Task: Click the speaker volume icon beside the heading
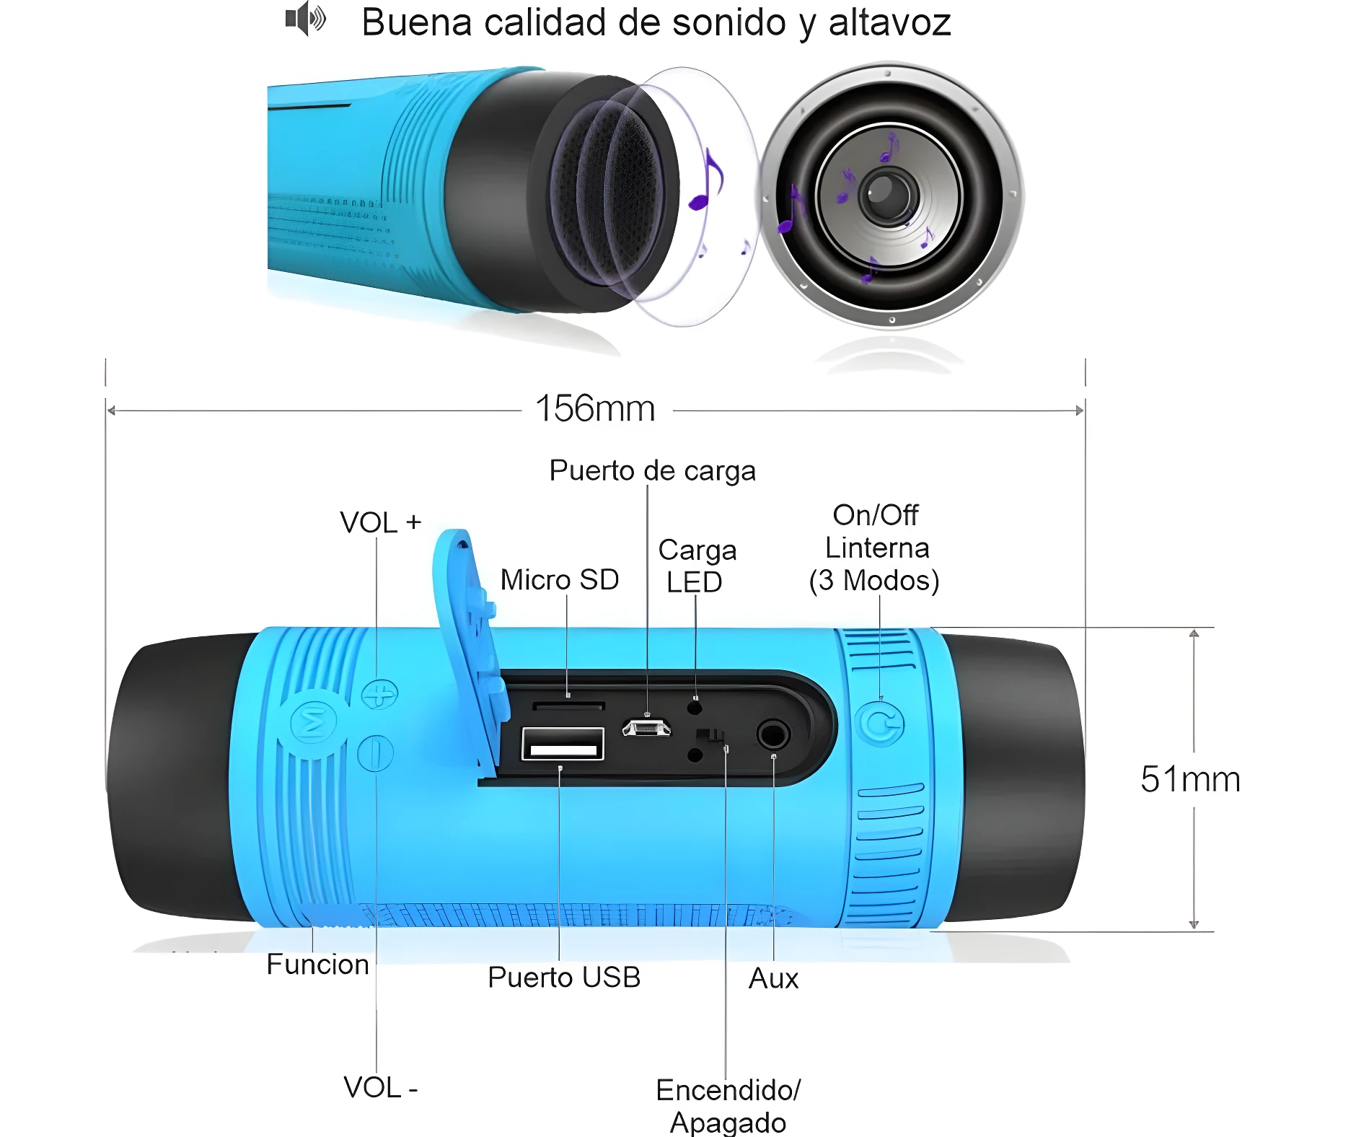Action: pyautogui.click(x=305, y=19)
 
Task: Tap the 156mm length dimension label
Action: pyautogui.click(x=595, y=409)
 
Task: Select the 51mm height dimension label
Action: pyautogui.click(x=1190, y=780)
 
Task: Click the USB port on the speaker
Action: pyautogui.click(x=563, y=745)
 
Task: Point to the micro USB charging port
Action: pyautogui.click(x=646, y=727)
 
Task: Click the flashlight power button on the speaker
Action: pyautogui.click(x=881, y=724)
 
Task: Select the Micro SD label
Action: pyautogui.click(x=560, y=580)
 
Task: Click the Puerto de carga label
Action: pyautogui.click(x=652, y=470)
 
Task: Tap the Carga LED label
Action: pyautogui.click(x=696, y=566)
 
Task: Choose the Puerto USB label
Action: pyautogui.click(x=564, y=978)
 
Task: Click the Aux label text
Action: pyautogui.click(x=773, y=979)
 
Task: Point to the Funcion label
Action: pyautogui.click(x=317, y=965)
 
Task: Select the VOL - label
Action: pyautogui.click(x=380, y=1087)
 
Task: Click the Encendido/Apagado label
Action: pyautogui.click(x=728, y=1105)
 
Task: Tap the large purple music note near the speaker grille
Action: pyautogui.click(x=707, y=180)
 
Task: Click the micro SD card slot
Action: pyautogui.click(x=568, y=705)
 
